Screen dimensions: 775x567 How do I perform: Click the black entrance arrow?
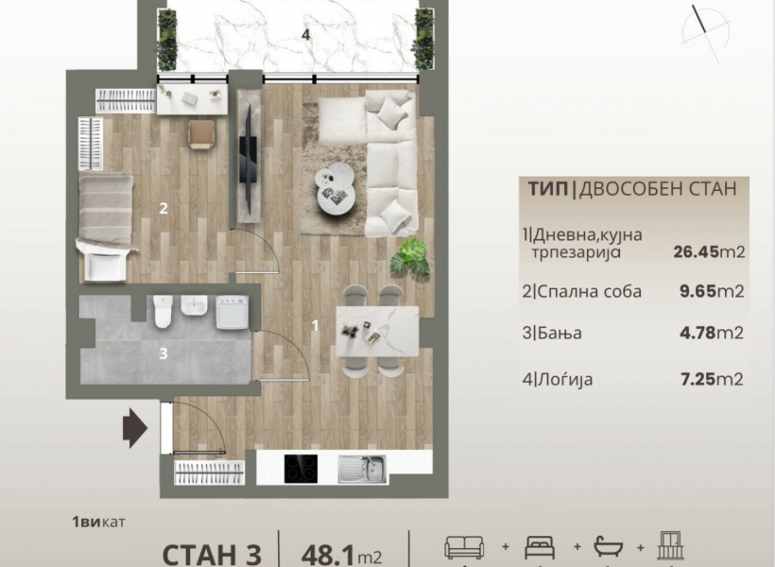click(x=135, y=428)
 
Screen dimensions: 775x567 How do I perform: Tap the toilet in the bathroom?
click(x=164, y=312)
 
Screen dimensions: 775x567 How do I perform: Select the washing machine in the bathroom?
click(x=232, y=313)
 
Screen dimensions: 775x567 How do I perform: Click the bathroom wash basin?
click(x=194, y=305)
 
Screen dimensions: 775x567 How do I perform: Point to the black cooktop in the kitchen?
click(x=301, y=469)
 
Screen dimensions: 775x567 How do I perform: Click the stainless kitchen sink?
click(x=362, y=469)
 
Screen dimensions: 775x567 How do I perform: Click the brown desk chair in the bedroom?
click(x=201, y=134)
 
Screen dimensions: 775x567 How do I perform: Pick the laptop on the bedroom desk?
click(x=190, y=98)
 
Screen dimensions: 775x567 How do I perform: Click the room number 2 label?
click(x=164, y=208)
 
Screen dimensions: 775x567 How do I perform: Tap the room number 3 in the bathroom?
click(x=164, y=353)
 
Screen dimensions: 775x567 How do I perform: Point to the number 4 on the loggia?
click(x=306, y=35)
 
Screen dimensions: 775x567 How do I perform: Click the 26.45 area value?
click(x=696, y=251)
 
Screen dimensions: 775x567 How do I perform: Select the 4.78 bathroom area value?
click(x=697, y=333)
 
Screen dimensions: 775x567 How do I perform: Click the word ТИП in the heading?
click(x=547, y=189)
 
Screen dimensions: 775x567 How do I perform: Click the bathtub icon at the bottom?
click(x=609, y=546)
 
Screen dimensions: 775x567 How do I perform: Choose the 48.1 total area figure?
click(x=327, y=555)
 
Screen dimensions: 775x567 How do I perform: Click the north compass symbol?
click(x=706, y=34)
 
